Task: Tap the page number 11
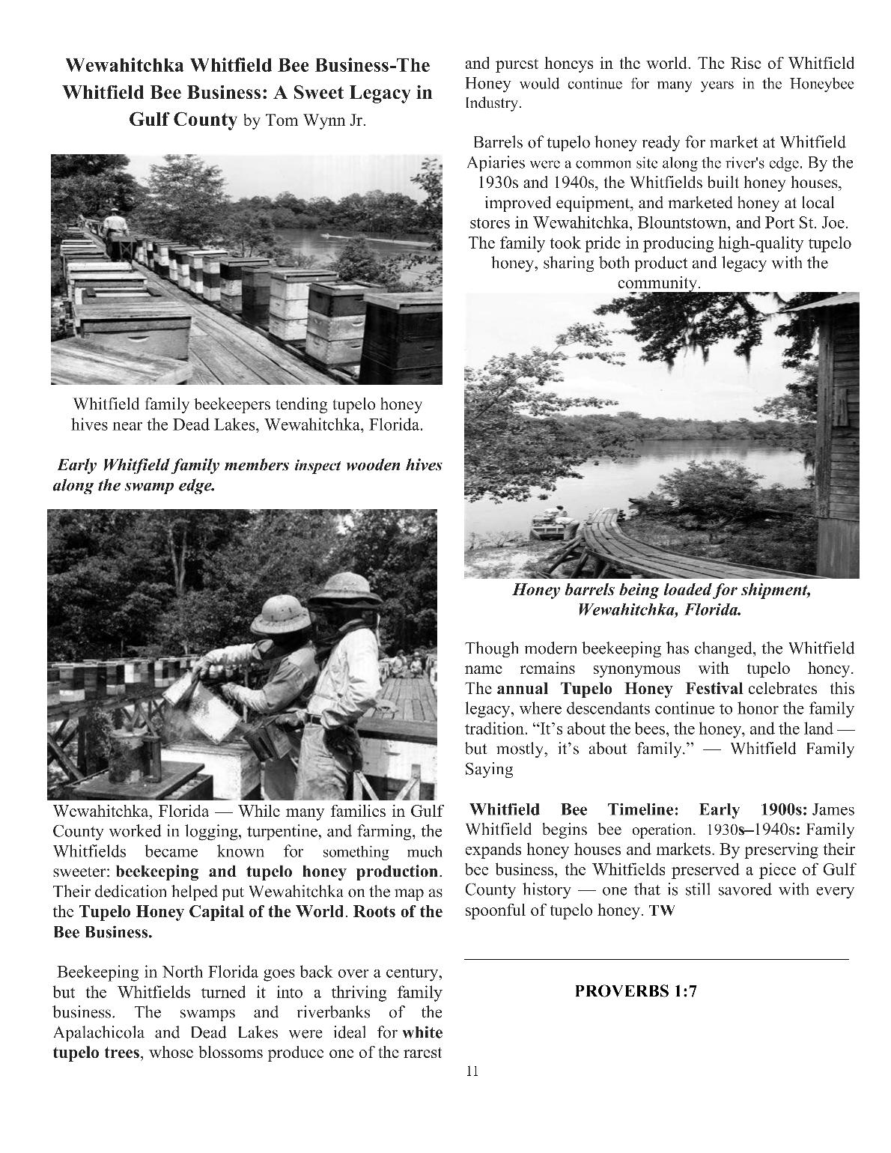471,1071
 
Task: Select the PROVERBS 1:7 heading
636,991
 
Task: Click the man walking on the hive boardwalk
115,226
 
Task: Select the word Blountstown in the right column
692,223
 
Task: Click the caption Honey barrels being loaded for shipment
661,590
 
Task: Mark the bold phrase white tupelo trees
422,1034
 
